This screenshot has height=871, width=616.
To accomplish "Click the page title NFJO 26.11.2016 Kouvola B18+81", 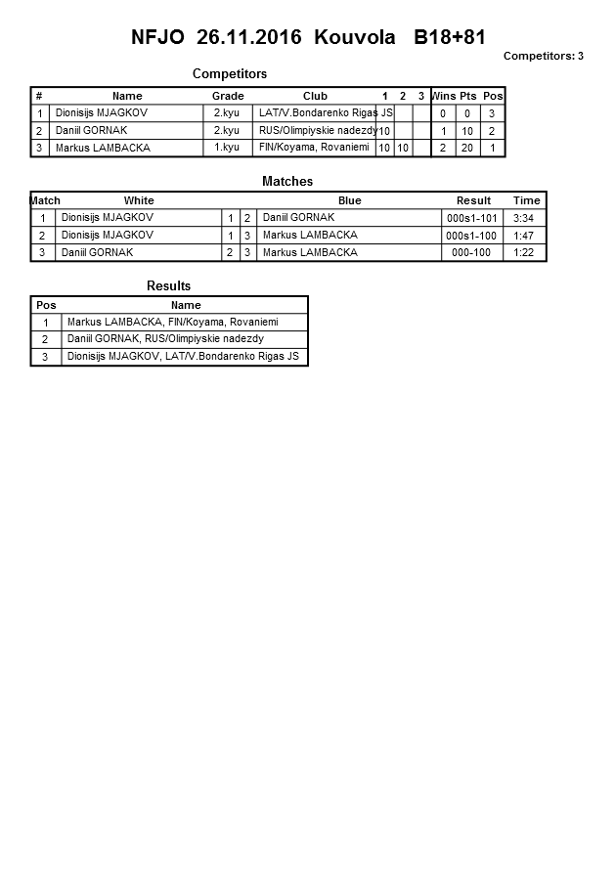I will click(x=308, y=37).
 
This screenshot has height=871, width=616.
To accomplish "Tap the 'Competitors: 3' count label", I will click(x=543, y=56).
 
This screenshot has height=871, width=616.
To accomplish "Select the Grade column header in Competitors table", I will click(x=228, y=96).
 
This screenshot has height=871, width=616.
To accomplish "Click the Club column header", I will click(x=315, y=96).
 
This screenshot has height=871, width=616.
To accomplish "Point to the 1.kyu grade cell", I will click(x=226, y=148).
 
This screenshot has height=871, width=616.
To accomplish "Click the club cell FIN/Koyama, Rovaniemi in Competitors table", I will click(x=314, y=148).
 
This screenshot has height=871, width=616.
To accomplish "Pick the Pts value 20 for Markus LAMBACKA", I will click(x=467, y=148).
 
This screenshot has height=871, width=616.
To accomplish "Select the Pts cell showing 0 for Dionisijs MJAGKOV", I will click(x=467, y=113).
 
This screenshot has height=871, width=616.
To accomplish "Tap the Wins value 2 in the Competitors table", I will click(x=443, y=148).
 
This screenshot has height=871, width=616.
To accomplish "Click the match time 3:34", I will click(x=526, y=218).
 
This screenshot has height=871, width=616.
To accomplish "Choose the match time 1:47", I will click(x=526, y=236).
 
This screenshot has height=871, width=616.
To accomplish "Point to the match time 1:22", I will click(x=526, y=253).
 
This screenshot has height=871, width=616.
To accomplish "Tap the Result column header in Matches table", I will click(x=473, y=200).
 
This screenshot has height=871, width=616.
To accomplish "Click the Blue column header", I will click(x=349, y=200).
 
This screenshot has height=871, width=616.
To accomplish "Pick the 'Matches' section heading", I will click(x=287, y=182).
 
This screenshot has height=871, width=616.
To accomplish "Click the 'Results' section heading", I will click(x=168, y=286).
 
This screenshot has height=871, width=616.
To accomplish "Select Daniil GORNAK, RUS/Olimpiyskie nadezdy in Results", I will click(x=165, y=339).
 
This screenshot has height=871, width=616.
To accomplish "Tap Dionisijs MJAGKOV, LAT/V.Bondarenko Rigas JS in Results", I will click(x=183, y=357).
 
